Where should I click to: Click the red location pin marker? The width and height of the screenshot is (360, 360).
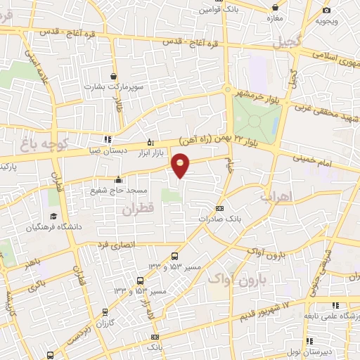click(x=181, y=165)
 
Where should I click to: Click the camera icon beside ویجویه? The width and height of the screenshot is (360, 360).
click(x=326, y=10)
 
